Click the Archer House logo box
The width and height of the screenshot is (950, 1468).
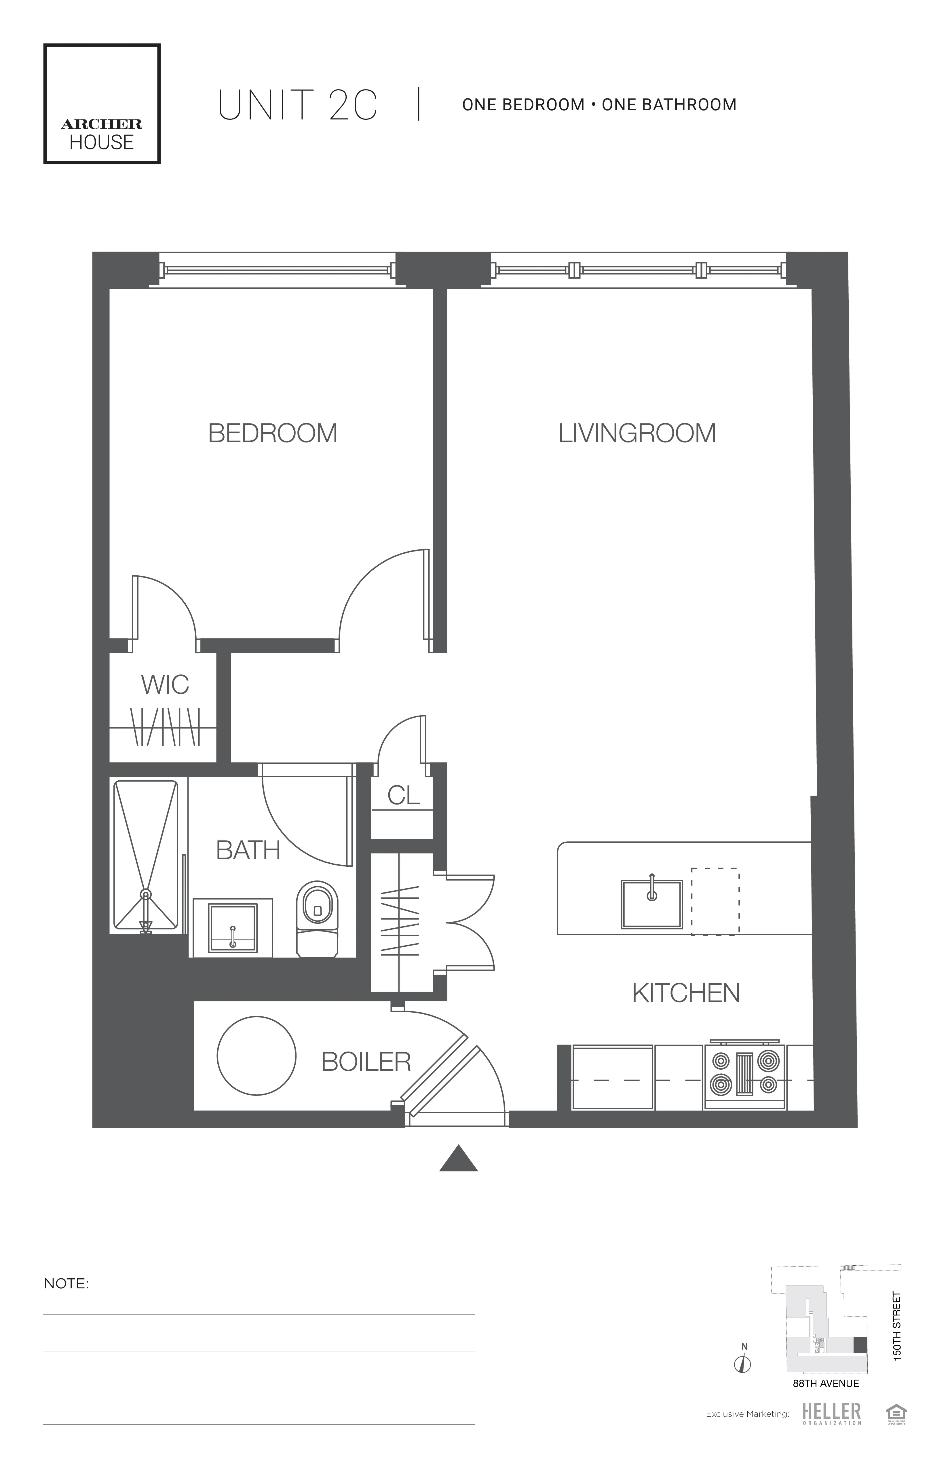[102, 104]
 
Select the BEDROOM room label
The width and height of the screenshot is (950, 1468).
[273, 433]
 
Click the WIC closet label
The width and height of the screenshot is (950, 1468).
[165, 685]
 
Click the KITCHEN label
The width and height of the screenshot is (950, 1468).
[686, 993]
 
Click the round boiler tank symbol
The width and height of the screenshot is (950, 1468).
[256, 1056]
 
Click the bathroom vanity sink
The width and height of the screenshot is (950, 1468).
[233, 928]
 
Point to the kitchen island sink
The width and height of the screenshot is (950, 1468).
[651, 904]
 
